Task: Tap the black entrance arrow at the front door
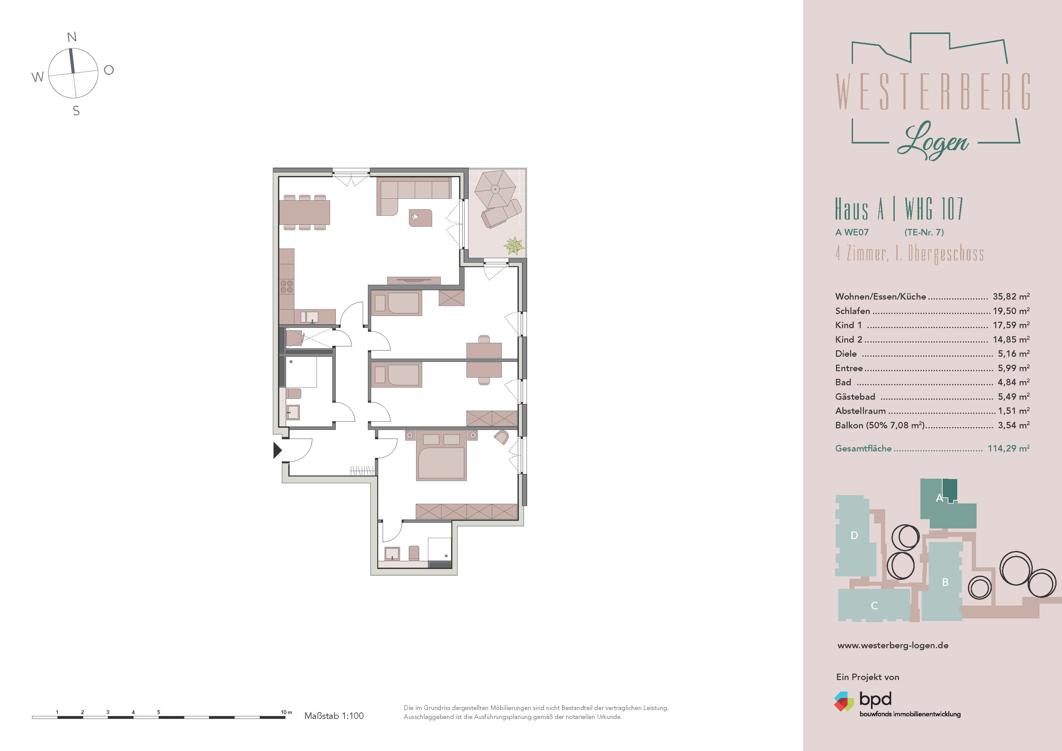(277, 450)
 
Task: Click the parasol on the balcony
(495, 189)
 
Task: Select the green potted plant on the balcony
(514, 246)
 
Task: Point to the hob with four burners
(287, 286)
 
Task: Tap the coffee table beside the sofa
(421, 217)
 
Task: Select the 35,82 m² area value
(1011, 297)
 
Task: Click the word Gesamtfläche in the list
(863, 448)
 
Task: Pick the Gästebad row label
(855, 397)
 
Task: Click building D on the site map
(854, 535)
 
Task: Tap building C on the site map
(874, 605)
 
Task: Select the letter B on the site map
(945, 582)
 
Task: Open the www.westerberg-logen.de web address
(893, 645)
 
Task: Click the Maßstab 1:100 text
(334, 716)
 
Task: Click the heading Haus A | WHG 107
(899, 209)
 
